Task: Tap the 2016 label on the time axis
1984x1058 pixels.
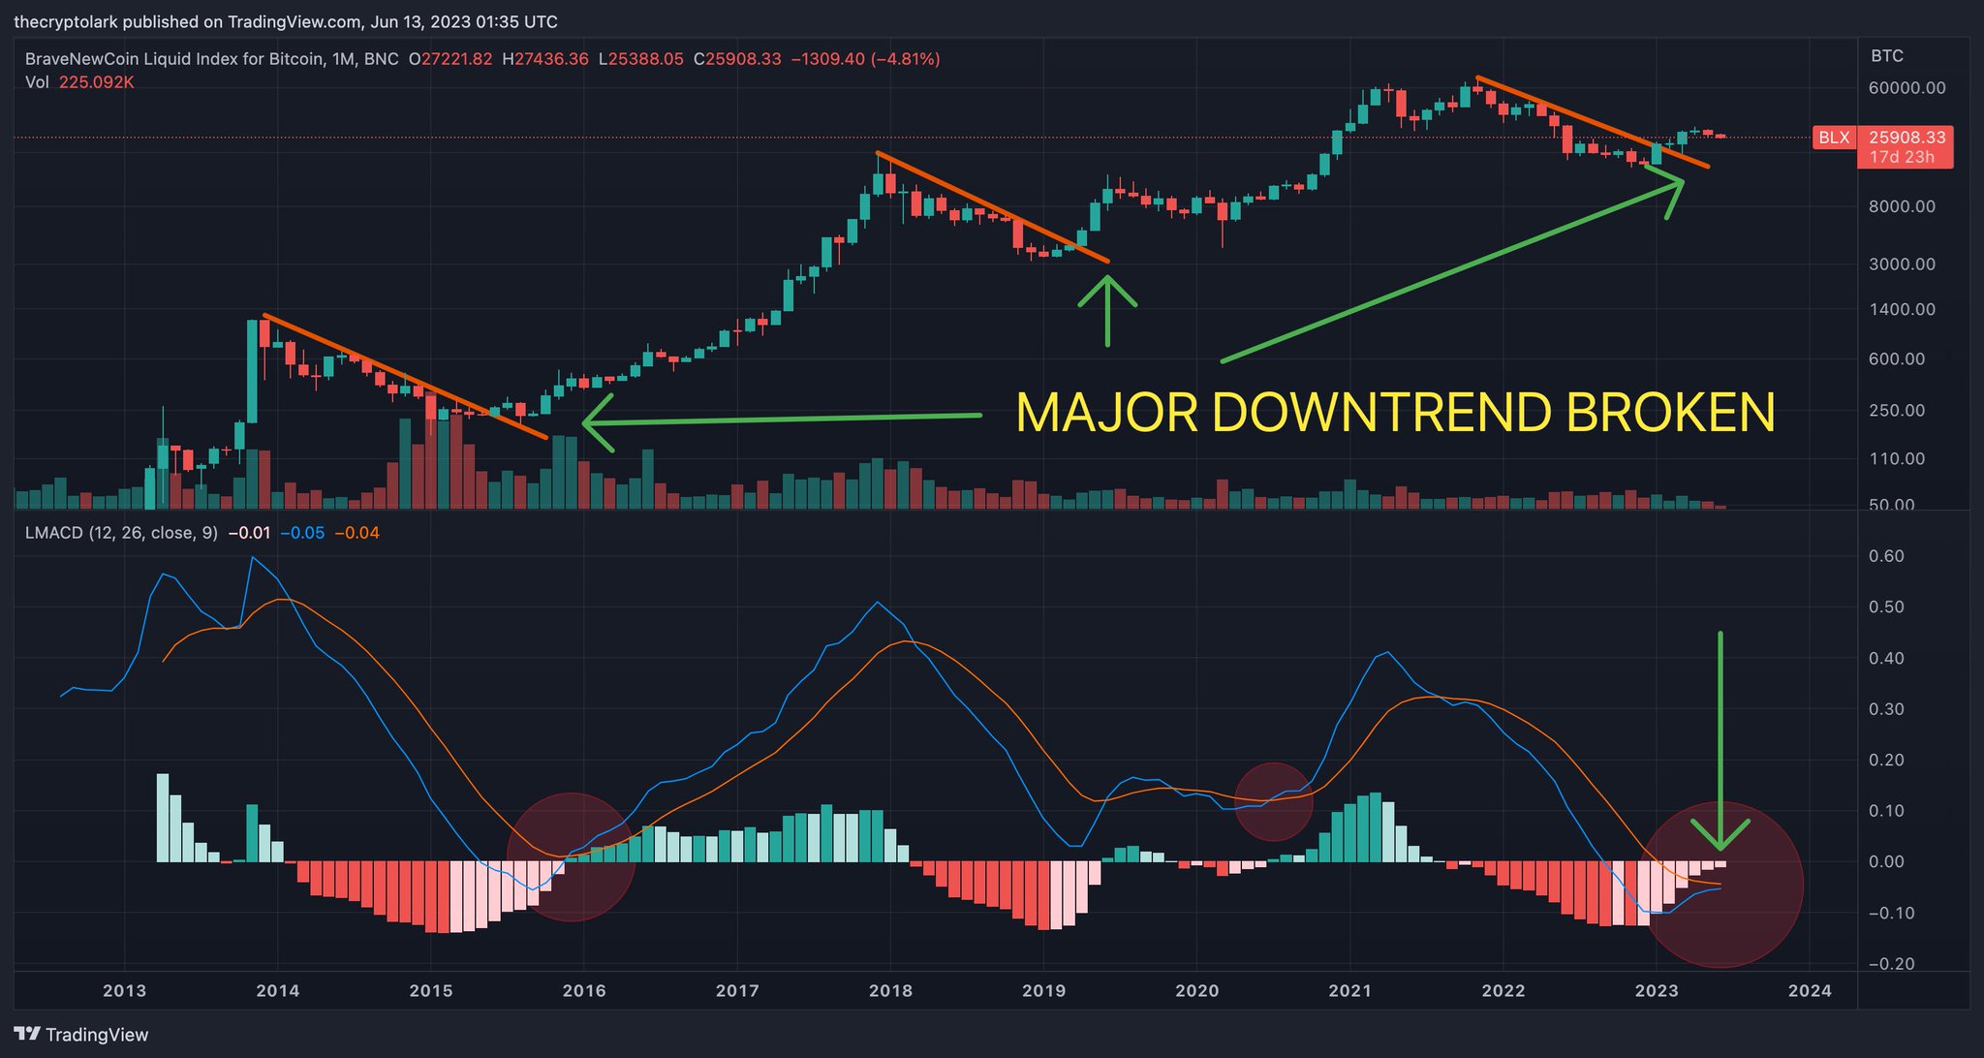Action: (x=584, y=990)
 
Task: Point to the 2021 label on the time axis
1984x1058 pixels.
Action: (x=1349, y=990)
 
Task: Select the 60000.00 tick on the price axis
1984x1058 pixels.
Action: (x=1906, y=88)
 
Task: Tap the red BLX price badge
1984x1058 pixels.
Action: (x=1833, y=138)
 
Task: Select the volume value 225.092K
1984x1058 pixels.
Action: (x=96, y=82)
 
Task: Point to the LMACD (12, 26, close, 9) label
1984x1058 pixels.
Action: (x=121, y=533)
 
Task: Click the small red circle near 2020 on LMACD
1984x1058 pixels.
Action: (x=1273, y=801)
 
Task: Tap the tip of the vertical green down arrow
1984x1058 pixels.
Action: (x=1720, y=847)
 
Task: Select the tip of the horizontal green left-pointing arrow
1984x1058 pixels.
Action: (x=585, y=422)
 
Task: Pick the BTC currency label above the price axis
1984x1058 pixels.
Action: (x=1886, y=56)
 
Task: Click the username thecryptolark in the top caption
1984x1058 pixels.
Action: (x=65, y=21)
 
